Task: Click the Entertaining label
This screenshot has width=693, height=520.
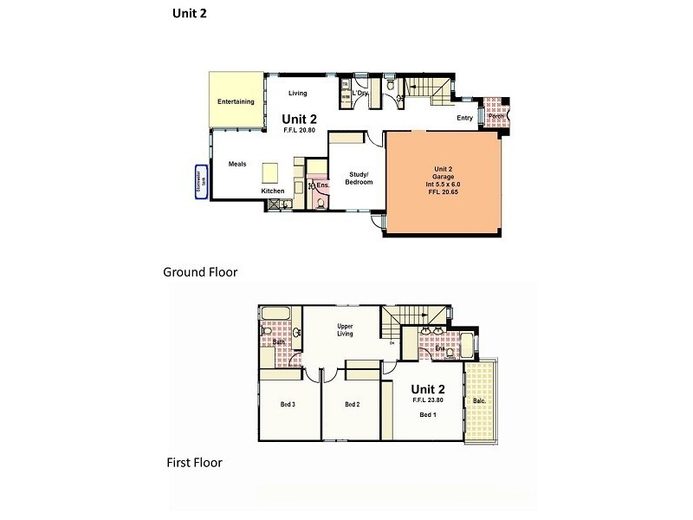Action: (236, 102)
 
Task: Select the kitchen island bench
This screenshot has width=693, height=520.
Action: (270, 170)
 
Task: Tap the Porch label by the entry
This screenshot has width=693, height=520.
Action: (496, 117)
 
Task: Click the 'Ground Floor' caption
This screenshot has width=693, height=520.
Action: (200, 272)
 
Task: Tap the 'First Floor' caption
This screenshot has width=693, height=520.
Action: (194, 463)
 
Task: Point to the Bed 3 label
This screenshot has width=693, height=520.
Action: (288, 404)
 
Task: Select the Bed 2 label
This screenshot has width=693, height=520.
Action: (351, 404)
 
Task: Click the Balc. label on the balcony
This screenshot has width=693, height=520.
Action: (478, 402)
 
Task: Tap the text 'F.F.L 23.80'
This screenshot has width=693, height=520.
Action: (429, 401)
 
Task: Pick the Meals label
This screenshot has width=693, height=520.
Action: (237, 164)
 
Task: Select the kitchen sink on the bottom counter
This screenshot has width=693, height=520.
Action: (277, 204)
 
